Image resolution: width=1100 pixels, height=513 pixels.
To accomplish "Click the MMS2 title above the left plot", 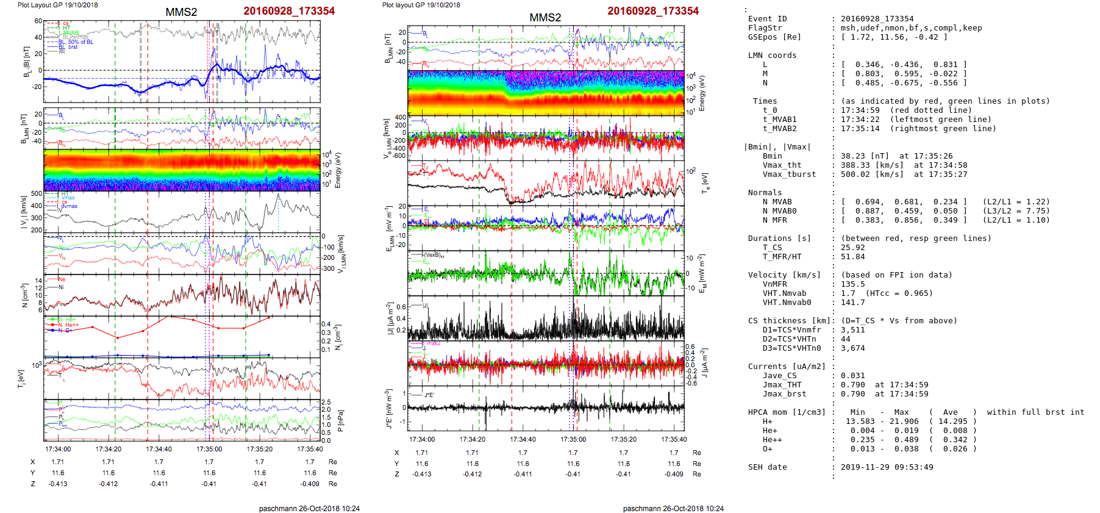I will (x=181, y=12).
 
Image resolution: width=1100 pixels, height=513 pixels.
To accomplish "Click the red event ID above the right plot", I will (x=652, y=11).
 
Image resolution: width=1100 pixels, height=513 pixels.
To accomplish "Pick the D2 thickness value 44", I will (x=846, y=339).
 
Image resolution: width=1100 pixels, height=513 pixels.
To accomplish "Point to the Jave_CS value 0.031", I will (x=853, y=376).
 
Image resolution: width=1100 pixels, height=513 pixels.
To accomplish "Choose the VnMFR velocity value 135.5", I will (x=853, y=284).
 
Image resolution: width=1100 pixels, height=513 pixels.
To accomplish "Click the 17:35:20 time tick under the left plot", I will (x=259, y=449).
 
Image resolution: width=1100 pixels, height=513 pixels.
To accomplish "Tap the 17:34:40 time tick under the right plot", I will (x=523, y=439).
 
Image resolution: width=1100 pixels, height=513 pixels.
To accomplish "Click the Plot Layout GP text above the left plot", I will (x=57, y=5).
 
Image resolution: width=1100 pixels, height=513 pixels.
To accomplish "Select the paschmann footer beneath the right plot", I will (x=673, y=508).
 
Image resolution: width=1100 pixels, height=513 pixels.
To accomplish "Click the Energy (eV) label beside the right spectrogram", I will (x=702, y=93).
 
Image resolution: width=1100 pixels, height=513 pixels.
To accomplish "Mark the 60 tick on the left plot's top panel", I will (x=38, y=21).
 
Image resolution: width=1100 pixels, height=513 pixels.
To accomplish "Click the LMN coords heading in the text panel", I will (x=772, y=56).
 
